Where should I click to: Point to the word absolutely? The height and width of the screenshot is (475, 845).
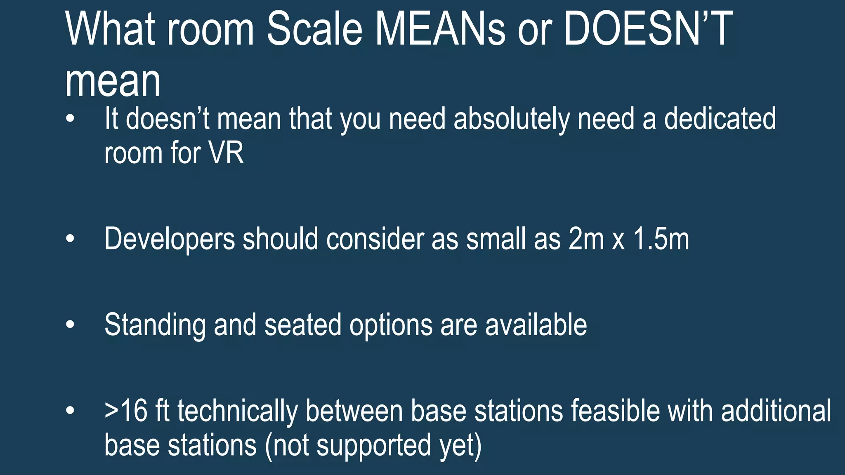pos(512,120)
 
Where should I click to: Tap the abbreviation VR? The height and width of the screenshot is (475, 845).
pos(226,153)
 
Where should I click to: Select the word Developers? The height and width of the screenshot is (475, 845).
pos(170,239)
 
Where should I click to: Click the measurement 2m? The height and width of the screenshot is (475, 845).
pos(586,239)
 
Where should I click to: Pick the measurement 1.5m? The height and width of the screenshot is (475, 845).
pos(661,239)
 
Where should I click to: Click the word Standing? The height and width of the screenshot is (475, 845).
pos(155,326)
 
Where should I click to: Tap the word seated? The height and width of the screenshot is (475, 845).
pos(303,325)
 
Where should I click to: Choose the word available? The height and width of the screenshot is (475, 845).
pos(536,325)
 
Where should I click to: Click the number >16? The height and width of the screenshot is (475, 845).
pos(126,411)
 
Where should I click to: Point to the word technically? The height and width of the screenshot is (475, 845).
pos(238,412)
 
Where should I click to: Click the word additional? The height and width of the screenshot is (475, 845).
pos(776,411)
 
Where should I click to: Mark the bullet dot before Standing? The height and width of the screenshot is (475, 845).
pos(71,325)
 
